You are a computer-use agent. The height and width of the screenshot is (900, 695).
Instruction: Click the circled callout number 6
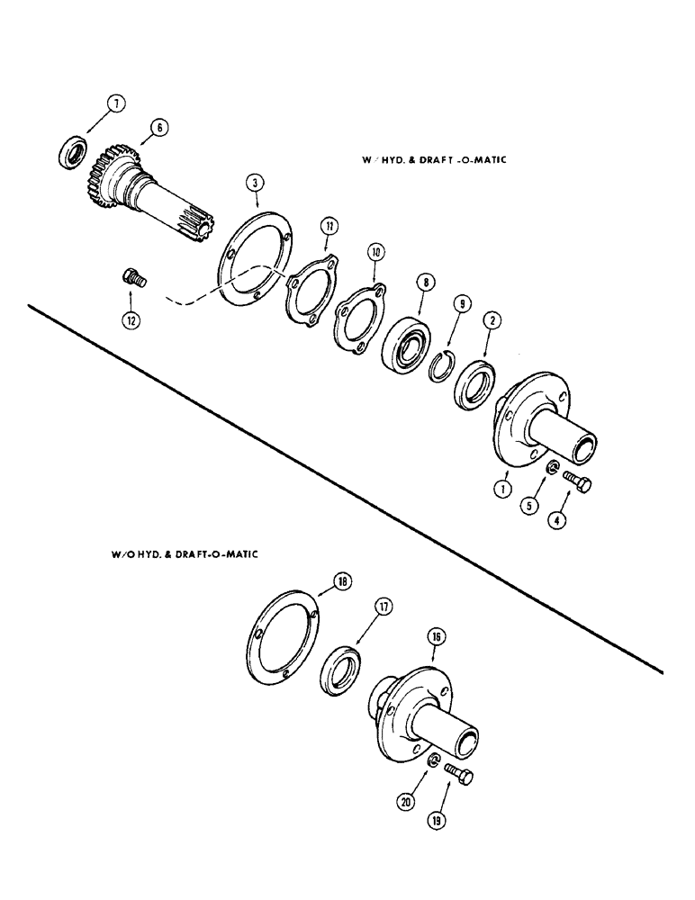[158, 129]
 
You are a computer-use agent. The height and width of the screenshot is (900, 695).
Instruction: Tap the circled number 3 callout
[257, 184]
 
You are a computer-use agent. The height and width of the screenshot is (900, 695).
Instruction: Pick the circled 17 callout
[384, 609]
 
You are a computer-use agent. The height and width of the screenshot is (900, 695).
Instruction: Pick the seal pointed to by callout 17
[341, 674]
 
